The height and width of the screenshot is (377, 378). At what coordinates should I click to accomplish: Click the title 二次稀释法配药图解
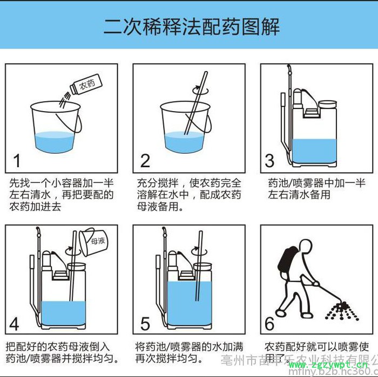coord(191,25)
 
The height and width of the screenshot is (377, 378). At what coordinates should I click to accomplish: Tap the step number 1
coord(17,160)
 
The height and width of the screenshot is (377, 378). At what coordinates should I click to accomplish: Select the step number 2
coord(145,160)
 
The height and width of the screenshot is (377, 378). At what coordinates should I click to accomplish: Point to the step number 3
coord(270,160)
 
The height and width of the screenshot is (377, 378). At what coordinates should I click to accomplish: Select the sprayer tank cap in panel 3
coord(327,104)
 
